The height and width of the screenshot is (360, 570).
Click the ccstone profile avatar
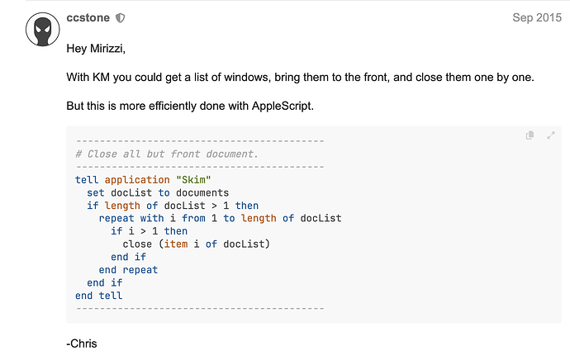click(42, 30)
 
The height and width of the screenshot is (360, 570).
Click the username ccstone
click(88, 18)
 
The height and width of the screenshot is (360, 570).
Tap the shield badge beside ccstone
click(121, 18)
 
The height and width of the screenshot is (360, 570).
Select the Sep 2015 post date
click(537, 17)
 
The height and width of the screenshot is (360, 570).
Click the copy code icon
click(530, 135)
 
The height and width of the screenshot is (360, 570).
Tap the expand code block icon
click(551, 135)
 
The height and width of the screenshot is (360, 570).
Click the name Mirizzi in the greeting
click(107, 49)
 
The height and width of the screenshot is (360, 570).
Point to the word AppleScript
click(283, 106)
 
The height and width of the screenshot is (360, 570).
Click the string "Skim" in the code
click(193, 180)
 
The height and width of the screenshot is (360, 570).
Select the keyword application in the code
click(137, 180)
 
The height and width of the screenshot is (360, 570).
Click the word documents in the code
click(202, 192)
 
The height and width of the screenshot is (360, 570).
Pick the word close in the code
click(137, 244)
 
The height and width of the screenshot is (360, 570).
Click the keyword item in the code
click(176, 244)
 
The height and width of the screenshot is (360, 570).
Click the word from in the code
click(193, 218)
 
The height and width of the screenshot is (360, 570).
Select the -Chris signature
click(82, 343)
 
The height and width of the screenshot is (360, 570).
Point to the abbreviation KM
click(101, 77)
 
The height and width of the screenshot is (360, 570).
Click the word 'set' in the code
click(96, 192)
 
